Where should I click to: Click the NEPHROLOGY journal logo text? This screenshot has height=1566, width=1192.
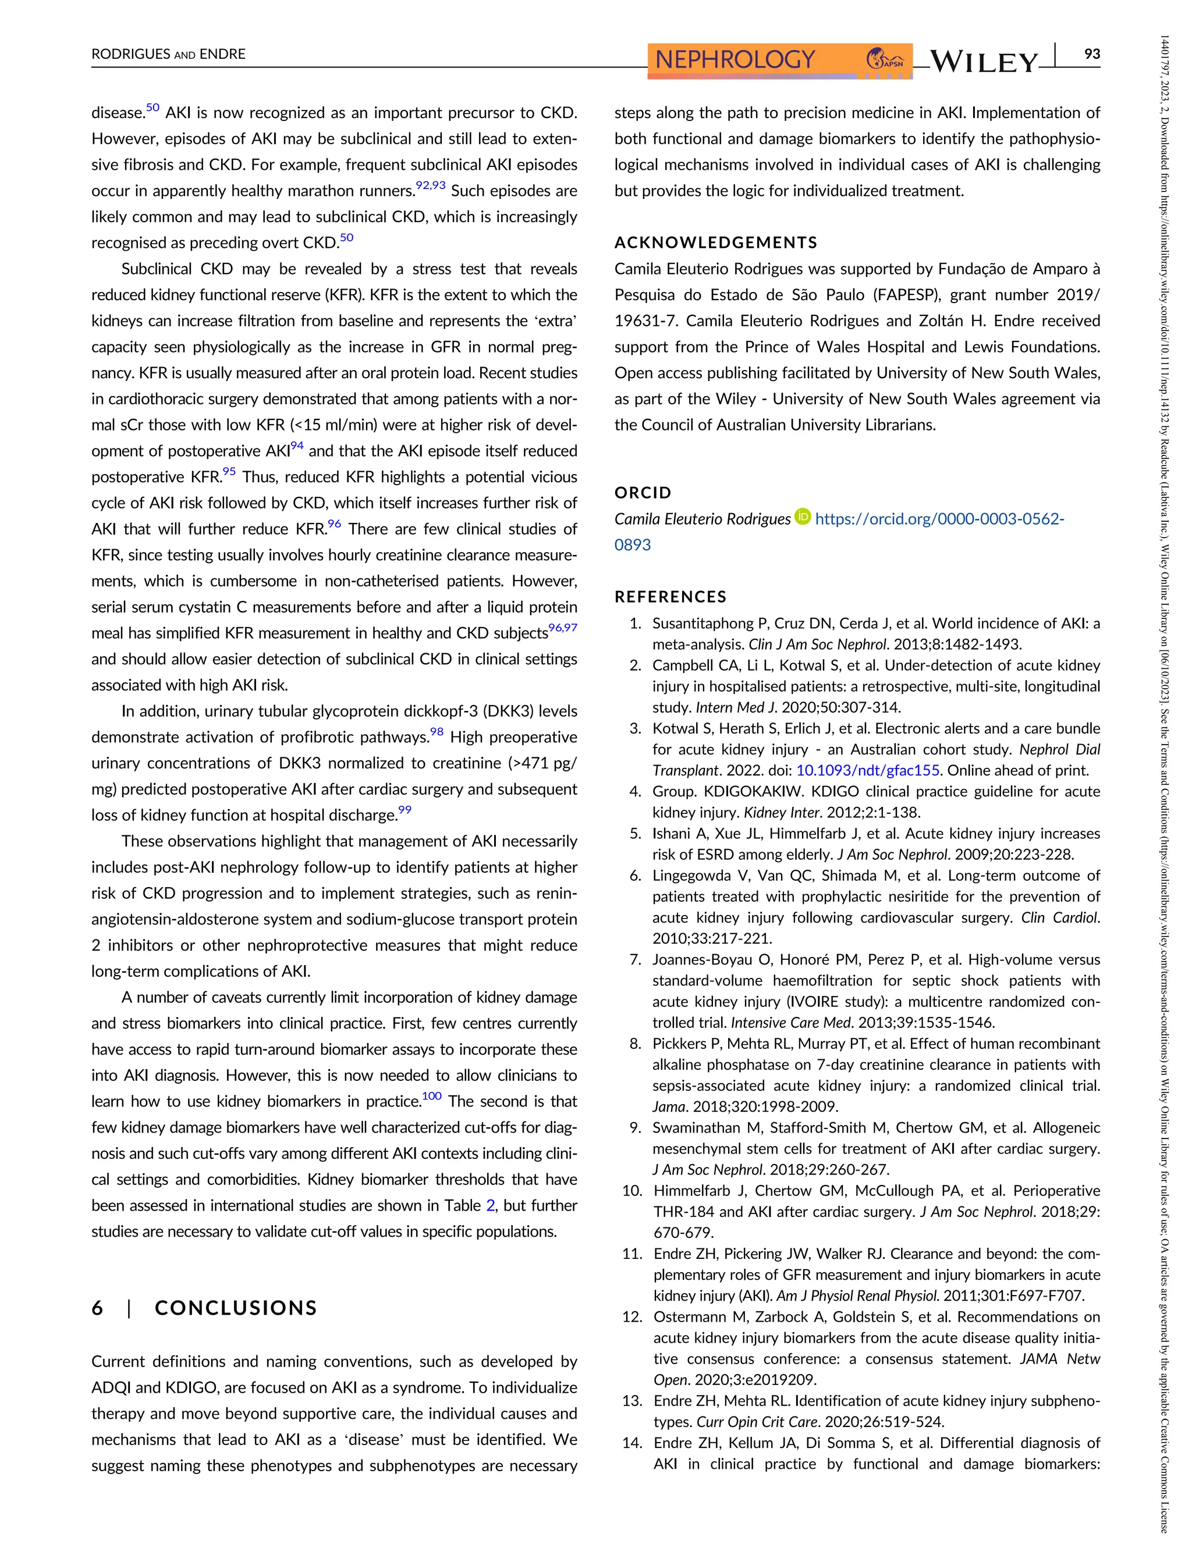point(735,59)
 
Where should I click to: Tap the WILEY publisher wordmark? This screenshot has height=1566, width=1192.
point(984,62)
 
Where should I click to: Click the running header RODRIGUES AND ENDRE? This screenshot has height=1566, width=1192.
point(168,54)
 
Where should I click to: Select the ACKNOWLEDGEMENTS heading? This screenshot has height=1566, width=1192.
point(715,243)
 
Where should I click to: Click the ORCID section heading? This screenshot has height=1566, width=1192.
point(642,492)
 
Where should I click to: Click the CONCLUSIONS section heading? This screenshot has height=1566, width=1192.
point(236,1308)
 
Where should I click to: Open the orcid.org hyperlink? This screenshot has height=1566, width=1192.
point(939,519)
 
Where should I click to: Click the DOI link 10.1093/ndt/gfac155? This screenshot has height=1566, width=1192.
point(868,770)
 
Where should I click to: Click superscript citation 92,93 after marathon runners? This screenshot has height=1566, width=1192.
point(430,186)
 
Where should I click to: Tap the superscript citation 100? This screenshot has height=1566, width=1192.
point(431,1097)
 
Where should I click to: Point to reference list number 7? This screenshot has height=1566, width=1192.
point(635,960)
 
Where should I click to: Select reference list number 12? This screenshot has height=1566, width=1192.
point(632,1317)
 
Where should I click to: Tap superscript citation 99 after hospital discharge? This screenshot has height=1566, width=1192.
point(405,810)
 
